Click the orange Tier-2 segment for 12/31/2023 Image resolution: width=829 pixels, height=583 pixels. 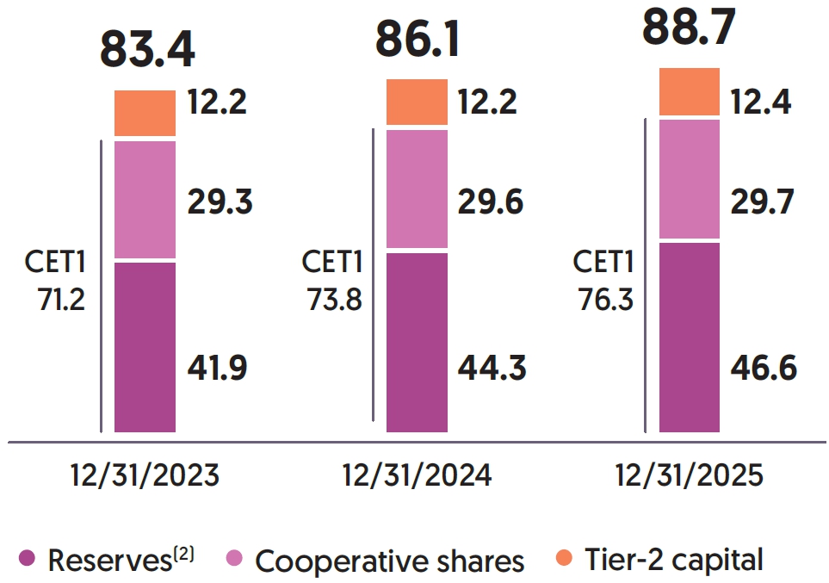coord(145,113)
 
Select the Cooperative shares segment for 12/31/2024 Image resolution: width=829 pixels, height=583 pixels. coord(417,189)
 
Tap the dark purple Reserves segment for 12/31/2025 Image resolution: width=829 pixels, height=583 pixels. coord(689,337)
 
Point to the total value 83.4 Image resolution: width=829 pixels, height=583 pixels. coord(147,49)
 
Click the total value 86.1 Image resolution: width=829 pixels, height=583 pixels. coord(418,40)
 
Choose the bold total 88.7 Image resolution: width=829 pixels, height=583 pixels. coord(690,28)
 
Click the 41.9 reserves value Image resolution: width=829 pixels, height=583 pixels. coord(217,368)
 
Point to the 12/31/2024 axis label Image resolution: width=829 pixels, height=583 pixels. coord(418,475)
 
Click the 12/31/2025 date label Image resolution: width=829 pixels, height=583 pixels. coord(690,475)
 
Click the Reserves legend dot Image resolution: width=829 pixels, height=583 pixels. coord(28,558)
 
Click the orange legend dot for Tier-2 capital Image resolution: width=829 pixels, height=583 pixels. coord(564,558)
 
